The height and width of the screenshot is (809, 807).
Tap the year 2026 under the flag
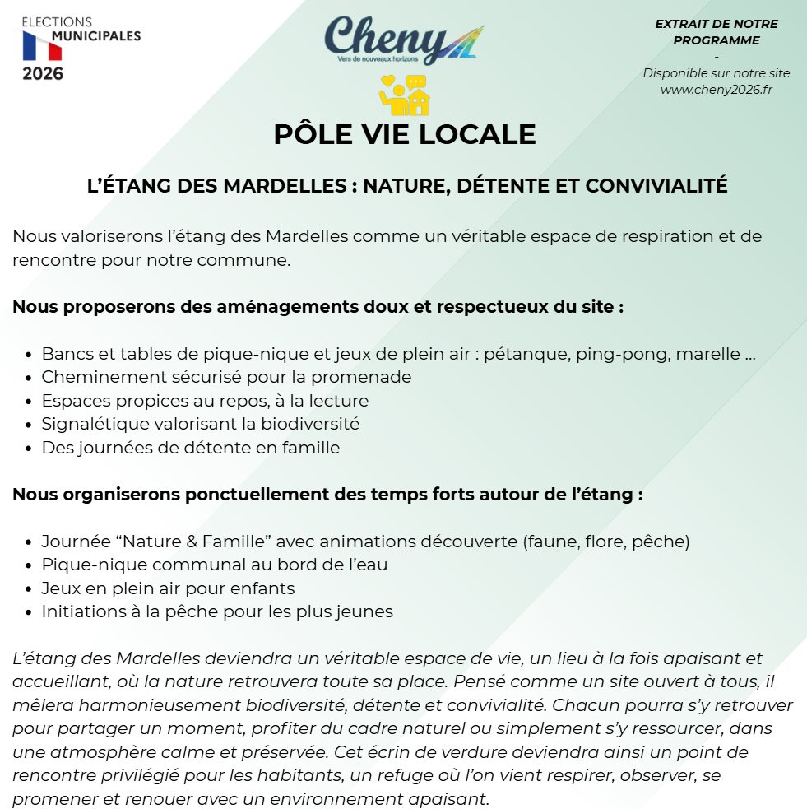click(x=43, y=74)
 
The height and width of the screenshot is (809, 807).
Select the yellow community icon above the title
click(x=404, y=95)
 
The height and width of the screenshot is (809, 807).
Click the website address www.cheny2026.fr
click(x=717, y=90)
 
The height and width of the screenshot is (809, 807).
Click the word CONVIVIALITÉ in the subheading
click(x=656, y=186)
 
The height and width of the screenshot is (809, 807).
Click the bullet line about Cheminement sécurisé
click(x=226, y=377)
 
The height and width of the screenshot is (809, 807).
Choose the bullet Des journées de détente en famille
click(x=191, y=449)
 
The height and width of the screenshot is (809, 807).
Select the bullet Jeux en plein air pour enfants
click(x=168, y=588)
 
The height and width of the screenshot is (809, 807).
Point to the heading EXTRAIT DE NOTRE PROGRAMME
click(x=716, y=32)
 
